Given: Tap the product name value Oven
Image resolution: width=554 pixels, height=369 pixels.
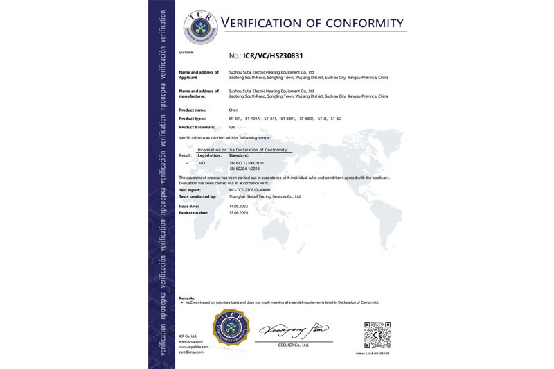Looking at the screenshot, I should (233, 110).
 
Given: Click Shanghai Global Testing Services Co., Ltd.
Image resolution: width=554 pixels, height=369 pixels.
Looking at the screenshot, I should (265, 196).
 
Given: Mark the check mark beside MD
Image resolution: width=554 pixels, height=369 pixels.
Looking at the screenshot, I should (188, 162).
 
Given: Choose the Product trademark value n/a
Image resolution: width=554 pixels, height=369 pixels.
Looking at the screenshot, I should (232, 128).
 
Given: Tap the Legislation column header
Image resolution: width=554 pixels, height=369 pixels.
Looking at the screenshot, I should (209, 155).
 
